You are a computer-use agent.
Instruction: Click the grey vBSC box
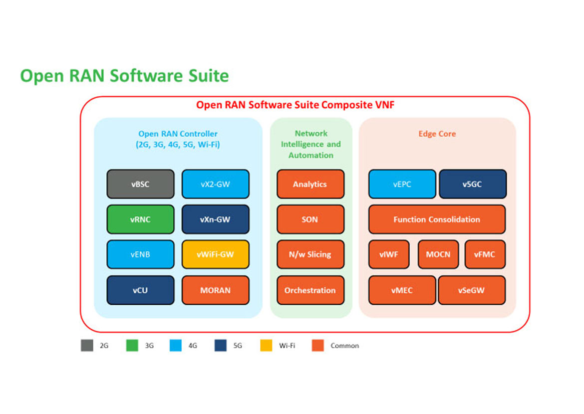pyautogui.click(x=140, y=184)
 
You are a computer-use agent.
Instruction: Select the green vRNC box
pyautogui.click(x=140, y=219)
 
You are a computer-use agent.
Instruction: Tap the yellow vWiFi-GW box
pyautogui.click(x=215, y=254)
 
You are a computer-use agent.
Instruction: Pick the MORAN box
pyautogui.click(x=215, y=290)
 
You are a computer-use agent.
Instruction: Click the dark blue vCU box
pyautogui.click(x=140, y=290)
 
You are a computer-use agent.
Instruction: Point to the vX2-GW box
pyautogui.click(x=215, y=184)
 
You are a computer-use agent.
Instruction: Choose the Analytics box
pyautogui.click(x=310, y=184)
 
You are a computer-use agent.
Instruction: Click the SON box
pyautogui.click(x=310, y=219)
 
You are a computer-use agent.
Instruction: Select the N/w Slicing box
pyautogui.click(x=310, y=254)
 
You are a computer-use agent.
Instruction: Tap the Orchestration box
pyautogui.click(x=310, y=290)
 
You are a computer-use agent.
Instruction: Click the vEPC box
pyautogui.click(x=402, y=184)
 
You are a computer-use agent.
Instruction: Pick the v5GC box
pyautogui.click(x=473, y=184)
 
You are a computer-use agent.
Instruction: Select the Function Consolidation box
pyautogui.click(x=437, y=219)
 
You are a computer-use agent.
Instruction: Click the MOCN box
pyautogui.click(x=438, y=254)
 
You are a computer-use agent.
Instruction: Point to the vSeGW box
pyautogui.click(x=472, y=290)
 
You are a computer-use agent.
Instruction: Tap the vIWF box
pyautogui.click(x=389, y=254)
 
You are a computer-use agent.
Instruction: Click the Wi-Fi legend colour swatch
pyautogui.click(x=266, y=346)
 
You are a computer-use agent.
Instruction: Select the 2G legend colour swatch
pyautogui.click(x=87, y=346)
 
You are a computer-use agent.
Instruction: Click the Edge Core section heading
pyautogui.click(x=437, y=134)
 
